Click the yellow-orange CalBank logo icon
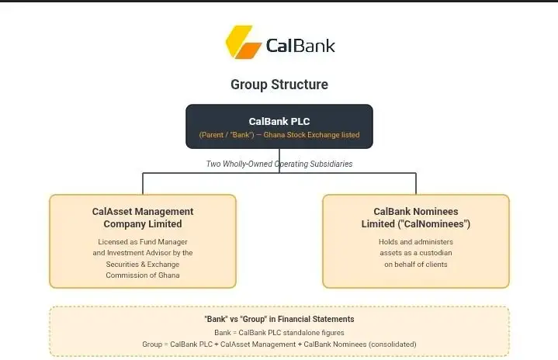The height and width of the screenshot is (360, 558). click(x=244, y=42)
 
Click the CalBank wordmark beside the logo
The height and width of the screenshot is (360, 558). click(x=300, y=46)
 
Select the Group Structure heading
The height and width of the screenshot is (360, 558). click(x=279, y=85)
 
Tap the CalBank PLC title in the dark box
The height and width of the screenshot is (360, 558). click(x=279, y=121)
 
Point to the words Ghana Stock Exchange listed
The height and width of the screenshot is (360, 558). click(x=311, y=135)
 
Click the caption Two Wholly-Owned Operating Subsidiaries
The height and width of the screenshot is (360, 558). click(x=279, y=164)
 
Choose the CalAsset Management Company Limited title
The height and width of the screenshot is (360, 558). click(x=143, y=218)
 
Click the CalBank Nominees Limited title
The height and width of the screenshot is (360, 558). click(x=416, y=218)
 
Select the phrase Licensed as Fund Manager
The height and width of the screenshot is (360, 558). click(x=143, y=242)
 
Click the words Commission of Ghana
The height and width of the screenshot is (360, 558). click(x=143, y=275)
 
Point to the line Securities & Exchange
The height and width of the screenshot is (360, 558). click(x=143, y=265)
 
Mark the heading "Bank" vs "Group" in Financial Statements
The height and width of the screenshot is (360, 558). click(x=279, y=319)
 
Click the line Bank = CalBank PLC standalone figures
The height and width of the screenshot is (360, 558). click(x=279, y=333)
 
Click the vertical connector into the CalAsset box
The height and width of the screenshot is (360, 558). click(x=143, y=184)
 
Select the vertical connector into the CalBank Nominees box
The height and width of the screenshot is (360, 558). click(x=416, y=184)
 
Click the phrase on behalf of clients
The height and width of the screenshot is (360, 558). click(x=416, y=265)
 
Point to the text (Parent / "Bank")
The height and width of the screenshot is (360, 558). click(x=227, y=135)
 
